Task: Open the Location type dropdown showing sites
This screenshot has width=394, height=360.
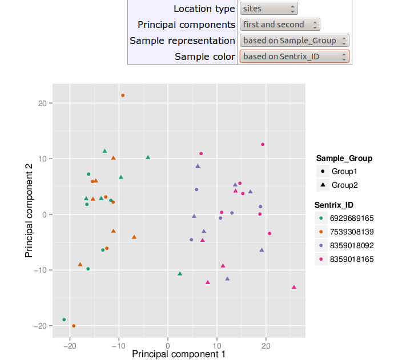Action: [x=269, y=9]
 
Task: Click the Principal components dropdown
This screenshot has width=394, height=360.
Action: [x=280, y=25]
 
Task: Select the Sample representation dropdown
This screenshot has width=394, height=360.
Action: [x=295, y=41]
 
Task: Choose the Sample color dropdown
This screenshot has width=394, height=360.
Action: [x=295, y=56]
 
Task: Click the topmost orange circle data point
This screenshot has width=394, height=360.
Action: [x=123, y=95]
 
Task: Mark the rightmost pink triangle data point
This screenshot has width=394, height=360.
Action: [x=294, y=287]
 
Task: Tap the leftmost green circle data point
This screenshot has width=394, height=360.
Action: [x=64, y=319]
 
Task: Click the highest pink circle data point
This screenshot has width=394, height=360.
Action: [x=263, y=144]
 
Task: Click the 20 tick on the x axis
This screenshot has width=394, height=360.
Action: [x=266, y=346]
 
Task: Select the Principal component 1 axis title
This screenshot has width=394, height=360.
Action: [x=179, y=354]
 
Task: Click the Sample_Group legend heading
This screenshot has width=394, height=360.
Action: [x=344, y=158]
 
